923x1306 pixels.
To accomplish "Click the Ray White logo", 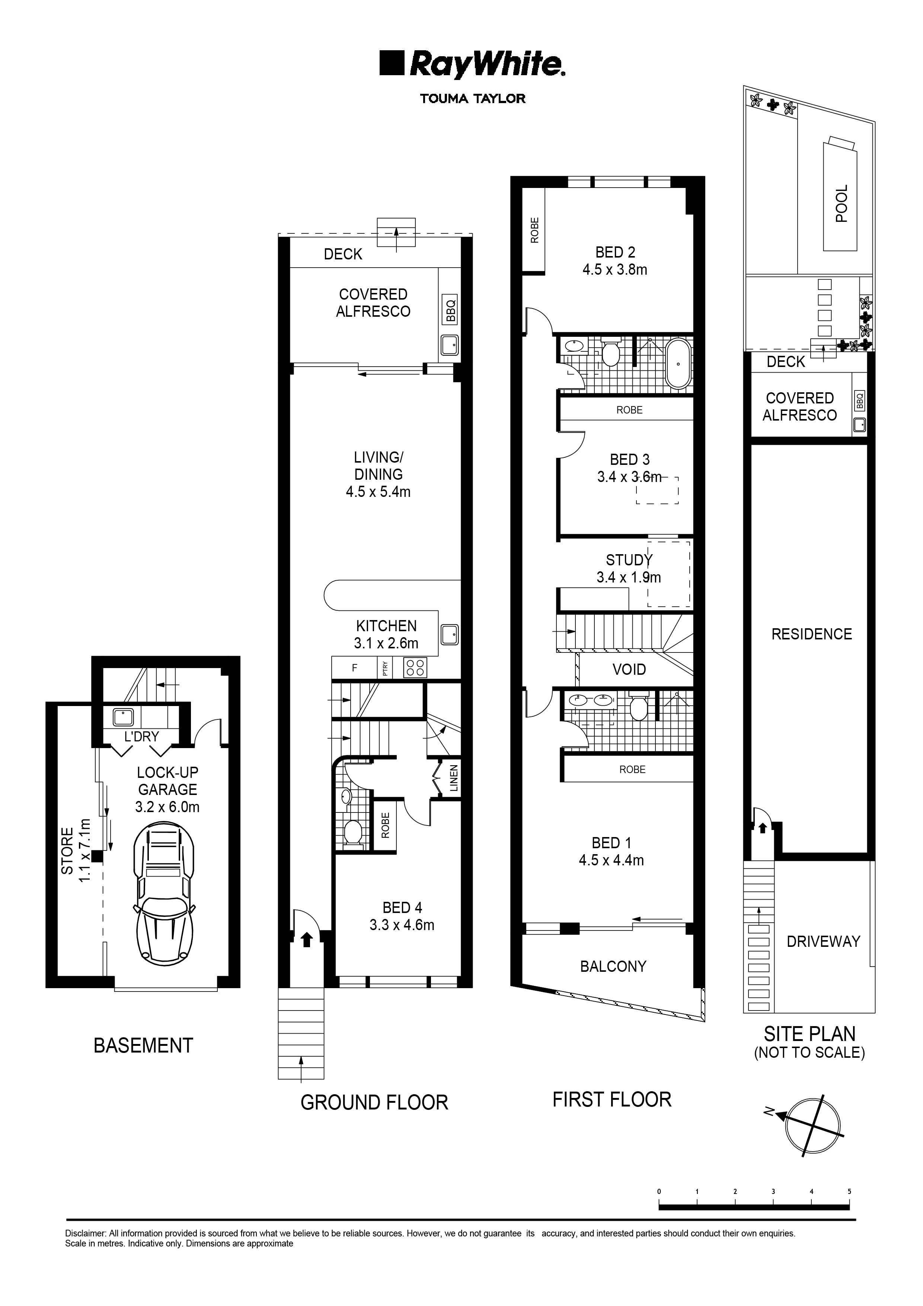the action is click(x=472, y=65).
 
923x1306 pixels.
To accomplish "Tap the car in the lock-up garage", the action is click(x=164, y=895).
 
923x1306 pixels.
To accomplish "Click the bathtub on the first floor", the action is click(x=678, y=364).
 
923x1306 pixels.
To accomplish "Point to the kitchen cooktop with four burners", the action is click(x=415, y=667).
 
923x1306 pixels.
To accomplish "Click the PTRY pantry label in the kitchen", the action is click(x=385, y=667).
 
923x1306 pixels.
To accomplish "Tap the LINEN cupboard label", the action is click(x=453, y=778).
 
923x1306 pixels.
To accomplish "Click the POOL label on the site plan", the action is click(x=841, y=203).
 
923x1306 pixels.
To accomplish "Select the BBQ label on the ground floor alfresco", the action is click(x=451, y=311).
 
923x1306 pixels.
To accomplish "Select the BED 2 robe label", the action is click(x=534, y=230).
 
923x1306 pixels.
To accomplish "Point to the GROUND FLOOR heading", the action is click(x=374, y=1102).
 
